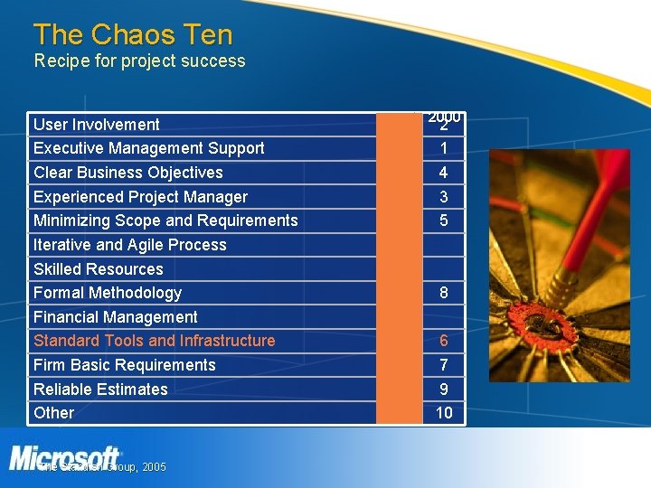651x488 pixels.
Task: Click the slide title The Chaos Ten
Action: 133,35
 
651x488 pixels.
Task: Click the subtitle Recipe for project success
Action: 139,61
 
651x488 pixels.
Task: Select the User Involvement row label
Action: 96,125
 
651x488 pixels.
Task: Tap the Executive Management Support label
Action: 148,148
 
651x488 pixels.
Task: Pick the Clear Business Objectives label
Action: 127,173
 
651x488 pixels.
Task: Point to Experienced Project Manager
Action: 140,197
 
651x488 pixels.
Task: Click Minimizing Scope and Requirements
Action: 165,221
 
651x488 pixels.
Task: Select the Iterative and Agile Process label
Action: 129,245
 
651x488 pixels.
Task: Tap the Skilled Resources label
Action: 98,269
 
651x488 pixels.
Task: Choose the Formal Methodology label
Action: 107,293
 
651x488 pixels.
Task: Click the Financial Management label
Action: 115,317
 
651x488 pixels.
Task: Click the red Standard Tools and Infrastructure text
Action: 154,341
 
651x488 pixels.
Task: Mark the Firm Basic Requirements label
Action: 124,365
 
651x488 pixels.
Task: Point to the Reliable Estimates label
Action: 100,389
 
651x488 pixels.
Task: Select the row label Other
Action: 53,413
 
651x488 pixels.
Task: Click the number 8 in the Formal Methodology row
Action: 444,293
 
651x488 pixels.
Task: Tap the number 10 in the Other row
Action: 444,413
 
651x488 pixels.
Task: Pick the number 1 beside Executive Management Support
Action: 444,148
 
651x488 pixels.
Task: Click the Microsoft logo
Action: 64,457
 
